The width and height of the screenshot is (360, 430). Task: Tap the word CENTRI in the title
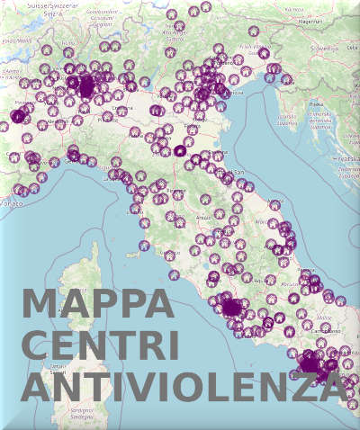pos(100,346)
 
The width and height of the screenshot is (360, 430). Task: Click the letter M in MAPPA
pos(40,303)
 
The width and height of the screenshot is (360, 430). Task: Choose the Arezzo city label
pos(203,217)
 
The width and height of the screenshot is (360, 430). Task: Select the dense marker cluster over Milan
pos(85,87)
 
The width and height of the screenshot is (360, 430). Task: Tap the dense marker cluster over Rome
pos(233,307)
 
